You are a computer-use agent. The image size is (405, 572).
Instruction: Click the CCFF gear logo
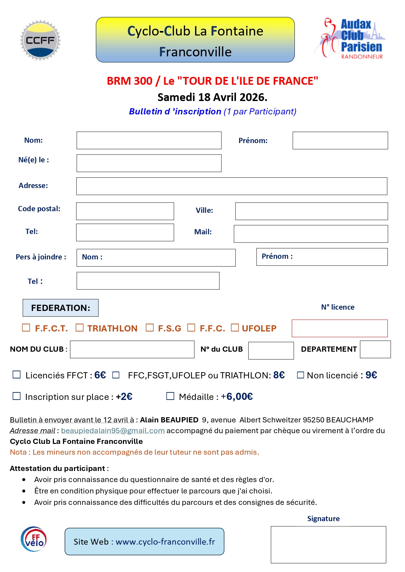40,40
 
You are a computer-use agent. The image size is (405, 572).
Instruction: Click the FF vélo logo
34,539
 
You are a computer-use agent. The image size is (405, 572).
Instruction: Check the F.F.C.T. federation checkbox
26,328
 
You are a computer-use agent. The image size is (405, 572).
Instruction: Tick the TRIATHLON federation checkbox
80,328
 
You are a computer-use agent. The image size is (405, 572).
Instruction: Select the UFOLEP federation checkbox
235,328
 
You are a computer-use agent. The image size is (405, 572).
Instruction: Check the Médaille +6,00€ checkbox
170,396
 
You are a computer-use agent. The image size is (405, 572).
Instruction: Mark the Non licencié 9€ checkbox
300,375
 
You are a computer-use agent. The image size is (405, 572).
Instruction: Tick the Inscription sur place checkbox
16,396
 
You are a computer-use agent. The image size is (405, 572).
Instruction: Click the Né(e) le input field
149,163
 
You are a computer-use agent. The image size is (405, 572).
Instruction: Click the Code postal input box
125,211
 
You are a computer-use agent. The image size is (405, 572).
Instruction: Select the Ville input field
311,211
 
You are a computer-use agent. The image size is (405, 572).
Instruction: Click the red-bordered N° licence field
339,328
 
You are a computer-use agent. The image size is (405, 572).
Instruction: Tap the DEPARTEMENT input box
375,349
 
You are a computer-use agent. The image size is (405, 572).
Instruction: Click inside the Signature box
328,544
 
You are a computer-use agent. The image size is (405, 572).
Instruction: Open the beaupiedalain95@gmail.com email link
113,431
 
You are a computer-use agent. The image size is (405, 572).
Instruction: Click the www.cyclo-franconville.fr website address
165,542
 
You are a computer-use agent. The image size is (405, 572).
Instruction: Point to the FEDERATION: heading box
60,308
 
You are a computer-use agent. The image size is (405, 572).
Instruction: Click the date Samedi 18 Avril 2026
212,97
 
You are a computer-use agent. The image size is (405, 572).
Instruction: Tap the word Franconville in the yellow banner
195,52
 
